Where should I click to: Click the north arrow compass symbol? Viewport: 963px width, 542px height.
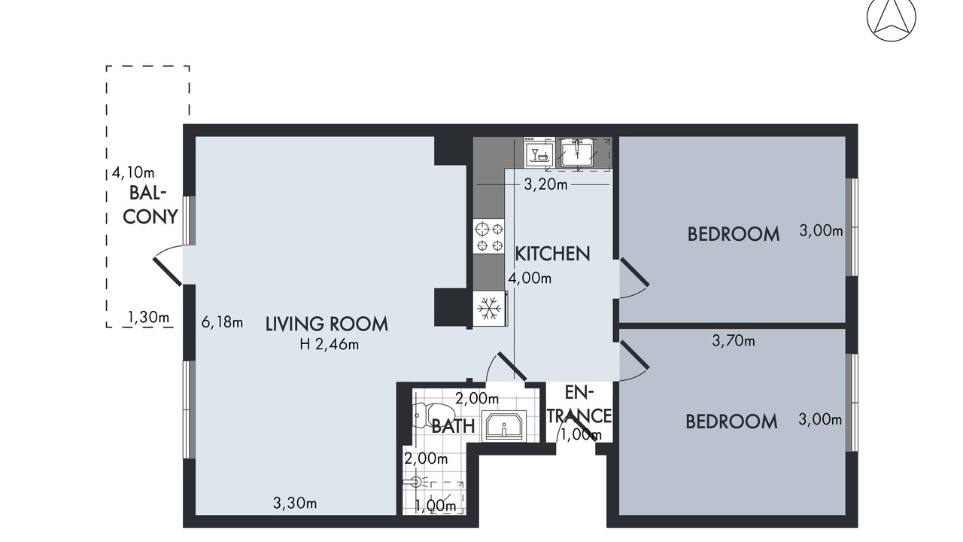pos(892,17)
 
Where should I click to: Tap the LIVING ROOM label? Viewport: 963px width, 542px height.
pos(327,324)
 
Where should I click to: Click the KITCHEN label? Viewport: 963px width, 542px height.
pos(552,254)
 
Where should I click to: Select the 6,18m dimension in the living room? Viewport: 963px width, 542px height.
pos(222,321)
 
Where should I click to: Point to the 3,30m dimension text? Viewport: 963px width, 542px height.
pos(295,503)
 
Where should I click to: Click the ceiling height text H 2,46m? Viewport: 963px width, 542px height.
pos(330,345)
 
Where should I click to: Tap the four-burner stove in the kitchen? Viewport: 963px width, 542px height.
pos(489,236)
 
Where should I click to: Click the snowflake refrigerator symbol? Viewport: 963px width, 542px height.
pos(490,309)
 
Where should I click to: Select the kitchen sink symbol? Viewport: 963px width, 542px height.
pos(577,152)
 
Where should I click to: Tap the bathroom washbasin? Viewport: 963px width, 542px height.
pos(504,426)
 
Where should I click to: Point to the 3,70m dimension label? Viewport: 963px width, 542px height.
pos(734,341)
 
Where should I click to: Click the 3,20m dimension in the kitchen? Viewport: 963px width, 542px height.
pos(545,184)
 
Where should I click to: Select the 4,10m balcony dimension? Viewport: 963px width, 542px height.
pos(133,173)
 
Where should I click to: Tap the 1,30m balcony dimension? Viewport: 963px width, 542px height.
pos(148,318)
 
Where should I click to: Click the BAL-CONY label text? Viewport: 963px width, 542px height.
pos(150,206)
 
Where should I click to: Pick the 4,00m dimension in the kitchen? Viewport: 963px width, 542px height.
pos(530,279)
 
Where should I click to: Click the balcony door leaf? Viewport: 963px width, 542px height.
pos(168,272)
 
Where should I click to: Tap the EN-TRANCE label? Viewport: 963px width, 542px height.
pos(579,404)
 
